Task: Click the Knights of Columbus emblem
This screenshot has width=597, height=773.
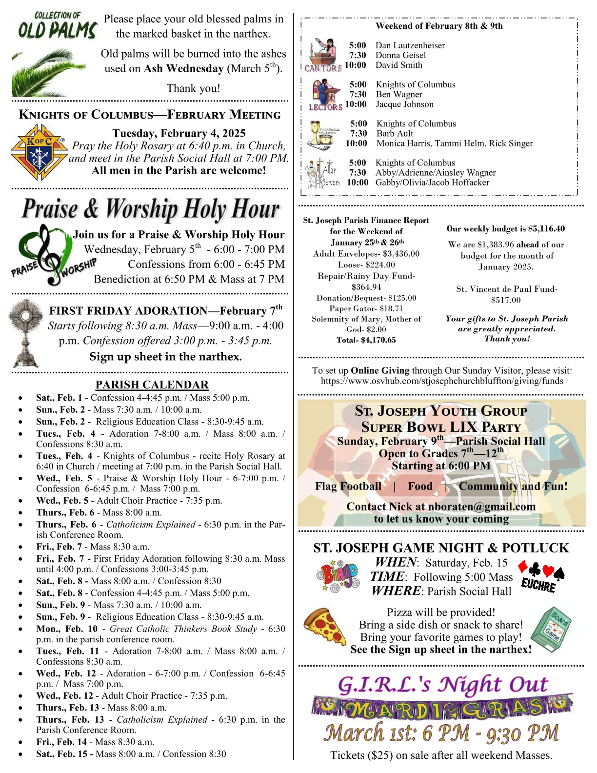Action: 39,152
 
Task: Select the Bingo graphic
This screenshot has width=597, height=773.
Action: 337,575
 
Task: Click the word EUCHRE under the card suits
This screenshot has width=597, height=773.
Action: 538,585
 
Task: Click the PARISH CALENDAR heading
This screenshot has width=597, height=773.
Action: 152,385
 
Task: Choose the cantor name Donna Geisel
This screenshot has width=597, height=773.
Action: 400,55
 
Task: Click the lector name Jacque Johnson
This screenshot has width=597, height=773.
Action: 404,104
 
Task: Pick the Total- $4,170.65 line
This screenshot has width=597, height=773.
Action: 366,340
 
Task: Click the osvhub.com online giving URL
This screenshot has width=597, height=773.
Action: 442,381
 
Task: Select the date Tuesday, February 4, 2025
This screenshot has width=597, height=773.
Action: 179,133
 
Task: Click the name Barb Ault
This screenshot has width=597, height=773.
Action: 395,133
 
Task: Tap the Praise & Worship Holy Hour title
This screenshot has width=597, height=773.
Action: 150,209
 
